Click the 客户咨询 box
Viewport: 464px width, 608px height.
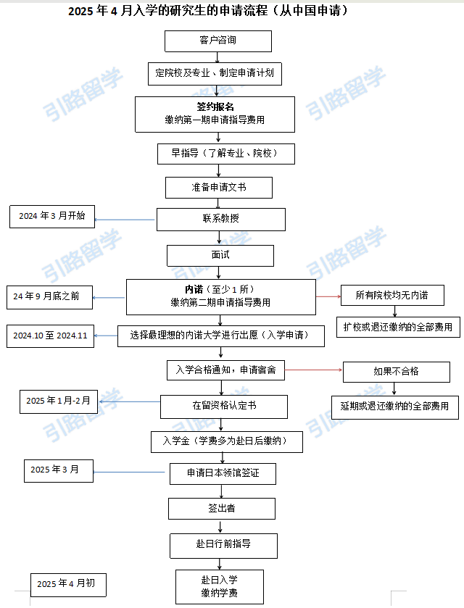217,41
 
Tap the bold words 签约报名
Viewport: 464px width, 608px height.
215,107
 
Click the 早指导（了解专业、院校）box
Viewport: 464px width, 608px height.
217,154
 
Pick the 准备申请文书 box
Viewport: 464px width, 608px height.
218,187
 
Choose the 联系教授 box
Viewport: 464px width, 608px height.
220,219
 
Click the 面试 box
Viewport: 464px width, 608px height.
220,255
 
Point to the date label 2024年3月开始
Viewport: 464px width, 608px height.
52,216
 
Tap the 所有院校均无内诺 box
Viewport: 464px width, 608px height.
391,295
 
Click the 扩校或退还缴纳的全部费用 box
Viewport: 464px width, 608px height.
397,327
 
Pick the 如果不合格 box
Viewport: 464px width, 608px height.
396,372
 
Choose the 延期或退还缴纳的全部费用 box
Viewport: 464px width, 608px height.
394,406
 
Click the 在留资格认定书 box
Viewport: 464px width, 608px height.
223,406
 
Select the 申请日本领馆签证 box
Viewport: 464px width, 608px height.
223,473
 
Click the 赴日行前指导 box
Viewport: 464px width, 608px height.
223,544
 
